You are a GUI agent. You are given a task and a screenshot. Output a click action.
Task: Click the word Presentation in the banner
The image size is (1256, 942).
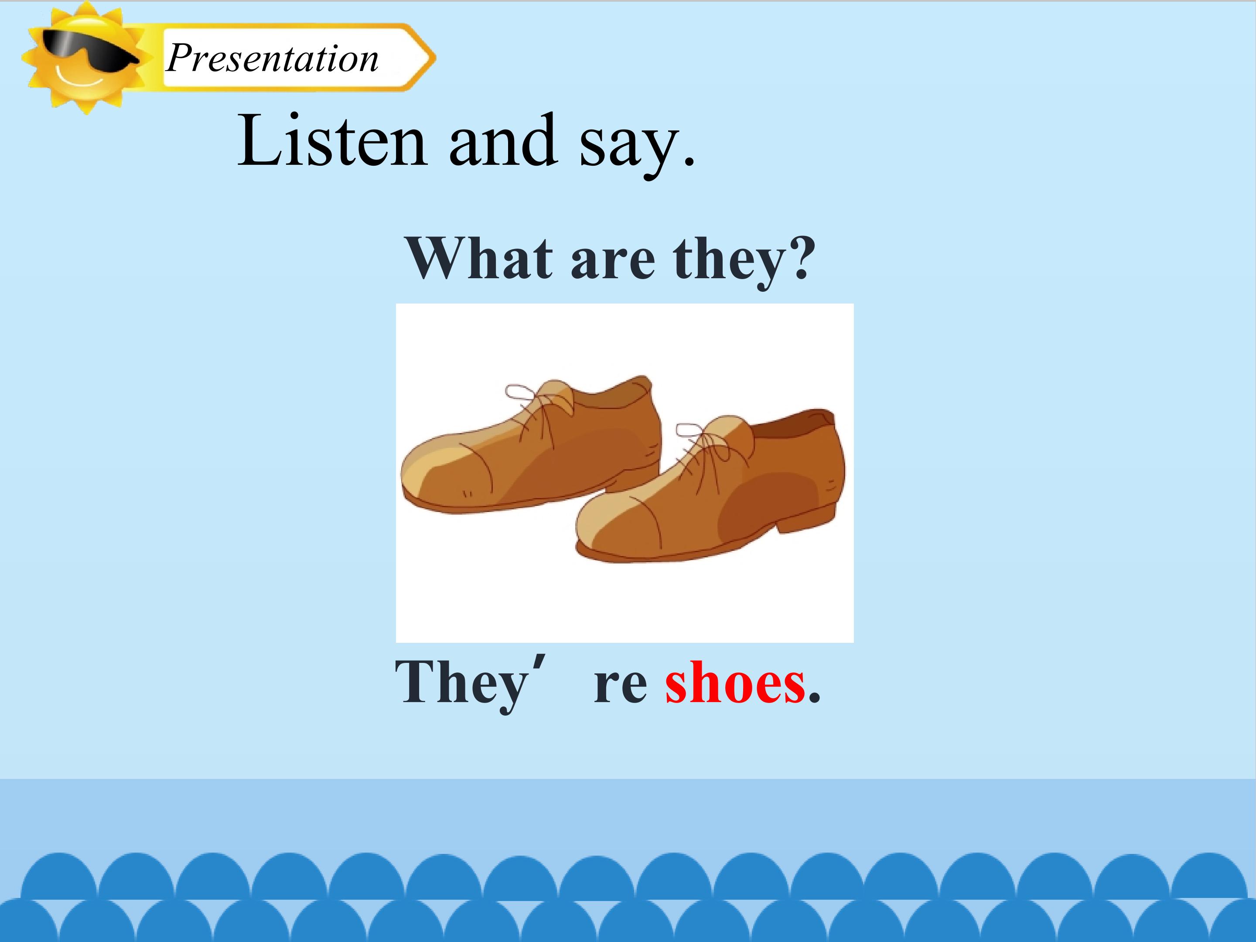point(272,59)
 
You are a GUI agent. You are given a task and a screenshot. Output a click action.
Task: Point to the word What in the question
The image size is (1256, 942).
point(478,258)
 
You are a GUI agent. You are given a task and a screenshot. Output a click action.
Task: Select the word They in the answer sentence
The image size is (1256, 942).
point(461,683)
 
